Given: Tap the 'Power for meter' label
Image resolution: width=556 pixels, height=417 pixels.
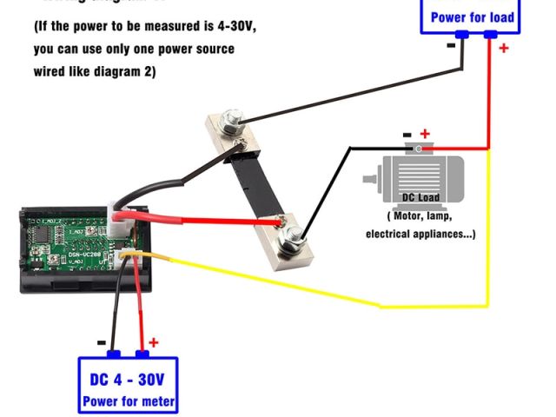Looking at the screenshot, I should (128, 401).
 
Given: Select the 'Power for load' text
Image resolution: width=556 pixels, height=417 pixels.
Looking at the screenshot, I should (472, 17).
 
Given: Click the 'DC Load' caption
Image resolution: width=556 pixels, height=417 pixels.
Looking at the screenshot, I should (420, 197).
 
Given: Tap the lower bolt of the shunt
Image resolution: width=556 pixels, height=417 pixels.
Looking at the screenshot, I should (294, 233).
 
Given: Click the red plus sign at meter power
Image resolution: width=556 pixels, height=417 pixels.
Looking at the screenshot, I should (154, 343).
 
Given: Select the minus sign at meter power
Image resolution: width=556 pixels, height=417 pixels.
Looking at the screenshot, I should (102, 342).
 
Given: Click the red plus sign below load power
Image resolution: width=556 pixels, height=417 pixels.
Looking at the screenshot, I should (503, 49).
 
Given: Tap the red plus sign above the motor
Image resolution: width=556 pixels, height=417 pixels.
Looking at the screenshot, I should (425, 134).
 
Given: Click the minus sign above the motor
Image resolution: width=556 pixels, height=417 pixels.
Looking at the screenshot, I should (407, 135).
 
